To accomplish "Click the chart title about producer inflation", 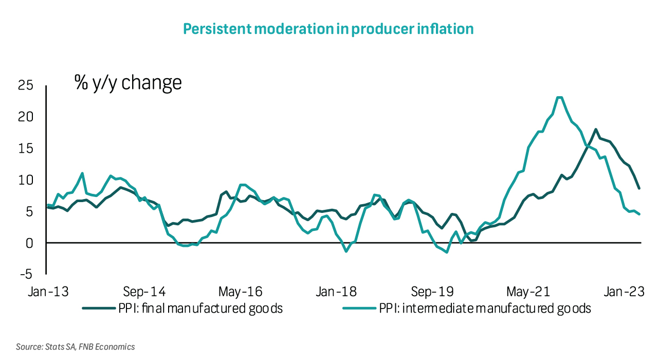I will [328, 29].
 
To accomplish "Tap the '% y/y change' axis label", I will [128, 82].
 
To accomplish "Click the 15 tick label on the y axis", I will [26, 149].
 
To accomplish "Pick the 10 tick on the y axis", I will [26, 180].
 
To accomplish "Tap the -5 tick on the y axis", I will [26, 274].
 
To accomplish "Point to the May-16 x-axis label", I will [240, 292].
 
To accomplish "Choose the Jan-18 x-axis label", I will [336, 292].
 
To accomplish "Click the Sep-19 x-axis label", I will [432, 292].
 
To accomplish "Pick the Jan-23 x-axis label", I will [624, 292].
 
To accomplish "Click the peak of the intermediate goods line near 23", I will [560, 97].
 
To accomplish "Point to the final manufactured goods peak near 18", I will [596, 129].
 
